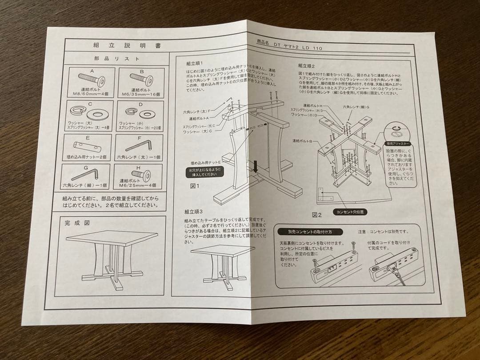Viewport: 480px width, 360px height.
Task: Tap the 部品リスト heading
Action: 117,58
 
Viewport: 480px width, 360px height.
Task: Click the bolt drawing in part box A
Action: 92,80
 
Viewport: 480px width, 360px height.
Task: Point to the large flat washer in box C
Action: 97,115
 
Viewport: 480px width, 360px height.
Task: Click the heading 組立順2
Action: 306,65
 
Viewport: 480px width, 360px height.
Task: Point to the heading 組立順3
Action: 193,212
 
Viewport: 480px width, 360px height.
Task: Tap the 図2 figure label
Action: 316,215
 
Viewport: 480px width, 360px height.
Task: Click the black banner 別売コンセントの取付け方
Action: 304,232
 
